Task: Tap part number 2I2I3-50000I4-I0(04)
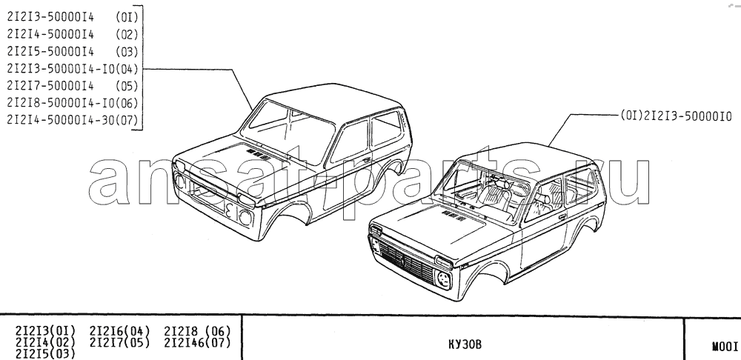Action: tap(73, 69)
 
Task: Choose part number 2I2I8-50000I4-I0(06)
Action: tap(73, 103)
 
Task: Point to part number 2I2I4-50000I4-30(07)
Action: tap(73, 120)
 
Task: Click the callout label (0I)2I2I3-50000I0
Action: tap(676, 116)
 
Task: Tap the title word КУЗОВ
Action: tap(465, 345)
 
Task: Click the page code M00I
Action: tap(725, 347)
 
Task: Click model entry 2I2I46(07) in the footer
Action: tap(198, 342)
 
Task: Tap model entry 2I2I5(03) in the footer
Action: tap(45, 353)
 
